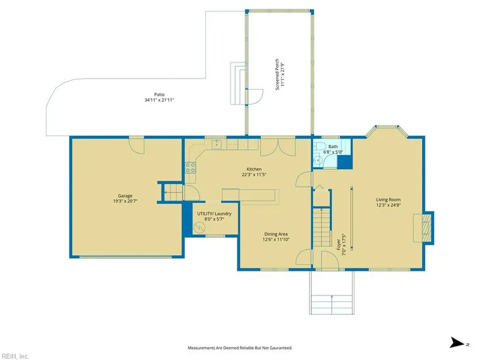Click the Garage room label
pyautogui.click(x=125, y=196)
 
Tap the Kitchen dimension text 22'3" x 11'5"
pyautogui.click(x=254, y=175)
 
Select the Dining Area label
pyautogui.click(x=276, y=234)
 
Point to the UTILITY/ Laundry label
pyautogui.click(x=214, y=213)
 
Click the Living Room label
pyautogui.click(x=388, y=199)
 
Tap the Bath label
pyautogui.click(x=333, y=147)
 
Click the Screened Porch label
pyautogui.click(x=277, y=74)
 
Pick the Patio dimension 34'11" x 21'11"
pyautogui.click(x=159, y=100)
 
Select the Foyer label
pyautogui.click(x=339, y=245)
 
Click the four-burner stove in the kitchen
pyautogui.click(x=190, y=167)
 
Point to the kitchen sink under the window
pyautogui.click(x=217, y=144)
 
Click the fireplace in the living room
pyautogui.click(x=424, y=228)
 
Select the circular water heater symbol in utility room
pyautogui.click(x=200, y=227)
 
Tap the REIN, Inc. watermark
pyautogui.click(x=15, y=356)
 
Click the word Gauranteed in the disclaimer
pyautogui.click(x=280, y=348)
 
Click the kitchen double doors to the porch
pyautogui.click(x=278, y=148)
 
